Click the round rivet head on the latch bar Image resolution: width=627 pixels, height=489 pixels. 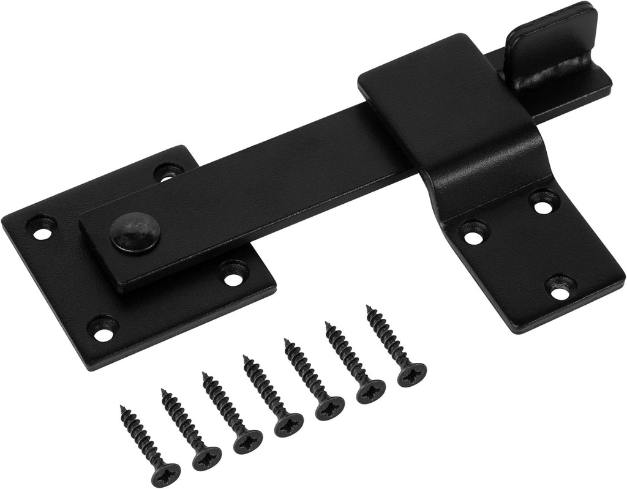coord(135,233)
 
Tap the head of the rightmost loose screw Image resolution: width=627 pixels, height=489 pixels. coord(411,373)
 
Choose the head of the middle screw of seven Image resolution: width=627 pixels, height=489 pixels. coord(288,424)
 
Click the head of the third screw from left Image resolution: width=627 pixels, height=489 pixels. coord(247,441)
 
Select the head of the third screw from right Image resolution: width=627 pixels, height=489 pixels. coord(329,408)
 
